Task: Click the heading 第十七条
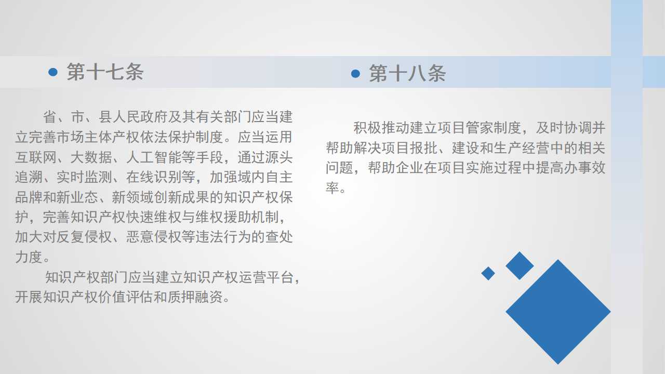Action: tap(105, 72)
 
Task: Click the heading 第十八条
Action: tap(407, 73)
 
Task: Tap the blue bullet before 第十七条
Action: tap(53, 72)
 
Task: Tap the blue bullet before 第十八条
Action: tap(355, 73)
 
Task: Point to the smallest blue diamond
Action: tap(488, 273)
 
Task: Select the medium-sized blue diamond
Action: tap(520, 265)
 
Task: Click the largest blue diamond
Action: tap(558, 312)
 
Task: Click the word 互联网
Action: tap(36, 157)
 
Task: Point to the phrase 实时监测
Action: tap(84, 177)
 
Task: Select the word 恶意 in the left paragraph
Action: tap(140, 237)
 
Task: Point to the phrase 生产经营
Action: tap(521, 148)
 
